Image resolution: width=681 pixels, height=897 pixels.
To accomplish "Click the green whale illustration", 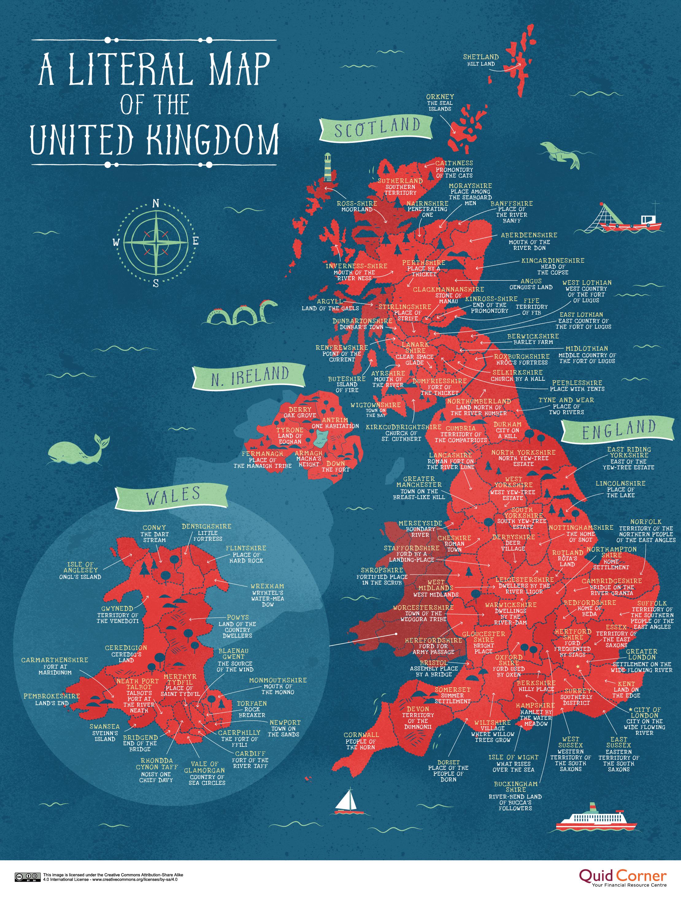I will click(x=77, y=451).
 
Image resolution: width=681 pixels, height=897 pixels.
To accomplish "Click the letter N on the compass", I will click(x=156, y=204).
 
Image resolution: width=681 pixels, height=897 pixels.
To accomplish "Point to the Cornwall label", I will click(x=361, y=735).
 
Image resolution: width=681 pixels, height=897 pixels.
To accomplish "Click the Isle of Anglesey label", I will click(x=80, y=567).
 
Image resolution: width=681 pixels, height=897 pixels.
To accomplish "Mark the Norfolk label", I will click(x=646, y=522).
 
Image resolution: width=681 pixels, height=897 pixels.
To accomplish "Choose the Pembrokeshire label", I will click(x=52, y=696).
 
